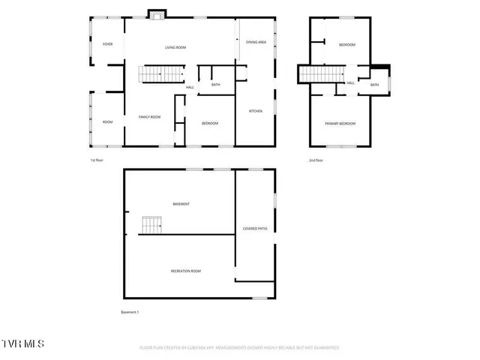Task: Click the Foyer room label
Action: pos(108,44)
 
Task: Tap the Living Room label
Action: pos(175,47)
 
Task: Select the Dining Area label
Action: pos(256,42)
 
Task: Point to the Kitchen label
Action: pos(256,111)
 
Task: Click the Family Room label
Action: pos(150,117)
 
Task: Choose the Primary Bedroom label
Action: pos(340,124)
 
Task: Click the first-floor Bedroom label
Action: pos(210,123)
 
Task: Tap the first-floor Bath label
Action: pos(216,85)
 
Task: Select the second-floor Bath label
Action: pos(374,85)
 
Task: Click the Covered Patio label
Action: pos(255,228)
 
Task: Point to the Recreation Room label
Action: pos(186,271)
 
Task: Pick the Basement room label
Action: pos(181,204)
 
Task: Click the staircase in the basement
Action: pos(151,225)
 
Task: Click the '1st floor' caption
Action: pos(97,160)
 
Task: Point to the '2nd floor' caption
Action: pos(316,160)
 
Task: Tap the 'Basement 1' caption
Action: pos(130,312)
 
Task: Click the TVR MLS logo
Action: pos(23,343)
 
